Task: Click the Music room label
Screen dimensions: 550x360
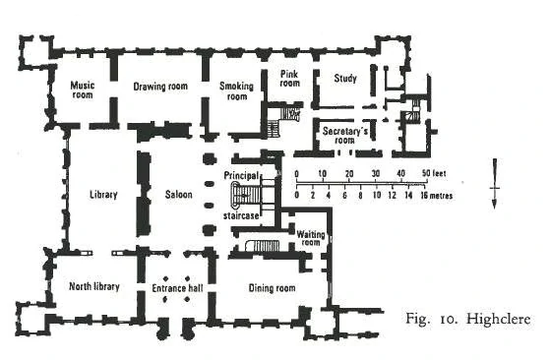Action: tap(83, 90)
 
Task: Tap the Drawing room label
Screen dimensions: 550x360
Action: tap(160, 87)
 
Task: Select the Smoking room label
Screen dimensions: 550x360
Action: tap(236, 90)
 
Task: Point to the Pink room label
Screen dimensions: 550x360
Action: tap(289, 79)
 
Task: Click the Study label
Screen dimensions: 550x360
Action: tap(345, 78)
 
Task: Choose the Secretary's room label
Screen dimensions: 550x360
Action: tap(345, 136)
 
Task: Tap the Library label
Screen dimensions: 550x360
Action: tap(103, 195)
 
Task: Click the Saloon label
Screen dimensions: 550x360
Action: tap(178, 195)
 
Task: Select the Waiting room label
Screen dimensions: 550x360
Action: tap(311, 238)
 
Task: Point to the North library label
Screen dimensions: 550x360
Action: tap(94, 287)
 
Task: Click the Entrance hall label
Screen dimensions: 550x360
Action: tap(177, 288)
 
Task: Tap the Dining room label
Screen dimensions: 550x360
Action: tap(272, 288)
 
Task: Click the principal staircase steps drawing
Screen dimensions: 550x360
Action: tap(246, 197)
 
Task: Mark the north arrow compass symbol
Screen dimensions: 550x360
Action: tap(495, 184)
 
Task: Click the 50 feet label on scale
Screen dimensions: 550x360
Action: tap(434, 173)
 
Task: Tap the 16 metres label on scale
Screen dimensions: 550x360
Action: tap(436, 196)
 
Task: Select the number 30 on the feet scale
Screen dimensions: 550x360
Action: tap(376, 173)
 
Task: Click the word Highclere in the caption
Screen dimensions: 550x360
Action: tap(498, 320)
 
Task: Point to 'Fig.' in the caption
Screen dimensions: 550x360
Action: tap(418, 319)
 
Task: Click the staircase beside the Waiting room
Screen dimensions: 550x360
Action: tap(263, 246)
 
